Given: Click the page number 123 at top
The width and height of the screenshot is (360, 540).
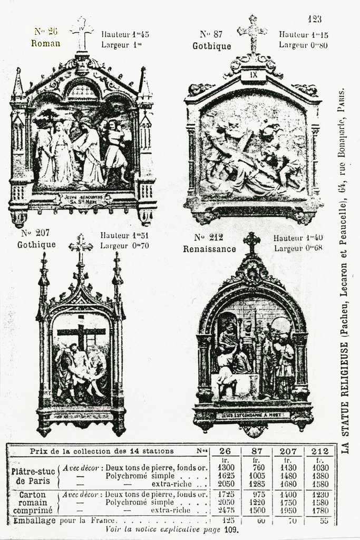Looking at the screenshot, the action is (x=315, y=20).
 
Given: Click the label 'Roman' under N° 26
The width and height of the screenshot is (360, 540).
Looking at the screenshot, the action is (x=45, y=43).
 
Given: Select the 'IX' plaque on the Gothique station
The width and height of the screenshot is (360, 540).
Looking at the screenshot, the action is (x=254, y=75).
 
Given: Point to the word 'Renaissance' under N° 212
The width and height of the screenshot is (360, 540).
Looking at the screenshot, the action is (x=209, y=249).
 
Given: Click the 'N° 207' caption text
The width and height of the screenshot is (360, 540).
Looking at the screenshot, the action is (x=36, y=233).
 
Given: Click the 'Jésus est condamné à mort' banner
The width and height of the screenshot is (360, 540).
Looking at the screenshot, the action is (x=253, y=415).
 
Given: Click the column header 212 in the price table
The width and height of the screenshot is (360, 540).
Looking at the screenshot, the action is (x=319, y=451).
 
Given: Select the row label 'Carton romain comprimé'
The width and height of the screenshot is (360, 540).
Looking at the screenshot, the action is (x=33, y=503).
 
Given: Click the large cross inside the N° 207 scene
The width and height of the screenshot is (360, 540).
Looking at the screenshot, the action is (x=81, y=332).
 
